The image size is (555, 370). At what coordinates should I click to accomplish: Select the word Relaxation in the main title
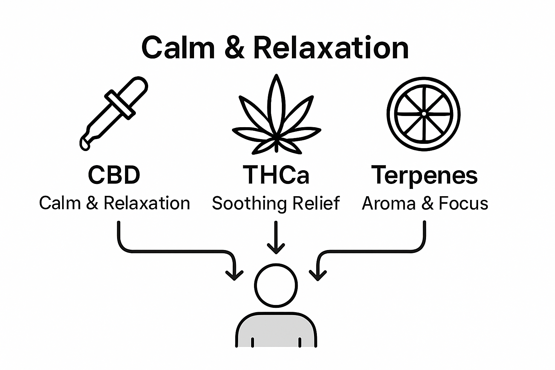coord(331,48)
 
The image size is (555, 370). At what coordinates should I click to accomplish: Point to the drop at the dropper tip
coord(85,145)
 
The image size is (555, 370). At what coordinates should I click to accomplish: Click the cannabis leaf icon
coord(276,117)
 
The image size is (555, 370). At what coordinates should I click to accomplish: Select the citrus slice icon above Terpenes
coord(424,113)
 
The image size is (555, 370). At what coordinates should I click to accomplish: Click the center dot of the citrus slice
coord(424,113)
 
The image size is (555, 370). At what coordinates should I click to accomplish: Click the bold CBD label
coord(114,175)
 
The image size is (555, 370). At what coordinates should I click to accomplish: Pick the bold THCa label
coord(276,175)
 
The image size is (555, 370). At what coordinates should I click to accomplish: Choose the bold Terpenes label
coord(425,176)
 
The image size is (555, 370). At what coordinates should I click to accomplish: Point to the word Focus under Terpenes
coord(463,203)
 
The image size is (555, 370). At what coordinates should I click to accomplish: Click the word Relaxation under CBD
coord(147,203)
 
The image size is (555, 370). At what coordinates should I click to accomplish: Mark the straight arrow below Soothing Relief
coord(276,237)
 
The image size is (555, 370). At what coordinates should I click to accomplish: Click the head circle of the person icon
coord(276,285)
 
